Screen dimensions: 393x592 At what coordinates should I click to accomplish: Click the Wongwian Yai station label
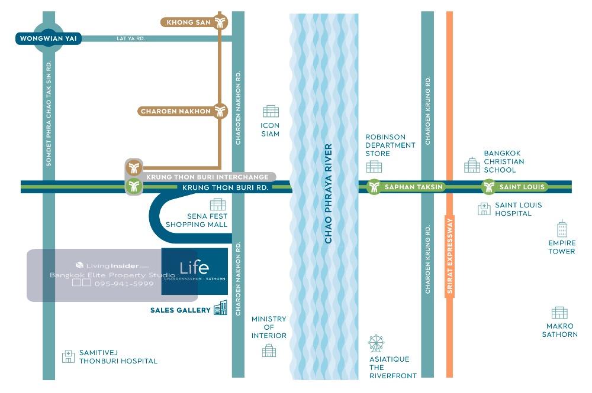point(48,39)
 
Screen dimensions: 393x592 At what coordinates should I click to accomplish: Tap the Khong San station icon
point(221,22)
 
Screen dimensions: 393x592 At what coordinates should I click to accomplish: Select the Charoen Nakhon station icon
point(221,111)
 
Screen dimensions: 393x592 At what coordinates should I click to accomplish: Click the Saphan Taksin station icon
point(374,187)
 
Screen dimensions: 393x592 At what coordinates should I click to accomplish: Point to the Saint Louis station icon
point(488,187)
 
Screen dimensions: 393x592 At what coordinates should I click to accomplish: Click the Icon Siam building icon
point(271,111)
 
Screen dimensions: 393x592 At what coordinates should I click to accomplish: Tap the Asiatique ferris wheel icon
point(376,343)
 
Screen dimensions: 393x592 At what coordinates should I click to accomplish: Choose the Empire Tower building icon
point(562,229)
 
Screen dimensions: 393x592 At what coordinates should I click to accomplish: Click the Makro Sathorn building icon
point(559,313)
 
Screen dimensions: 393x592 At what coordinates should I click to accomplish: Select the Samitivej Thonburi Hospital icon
point(69,356)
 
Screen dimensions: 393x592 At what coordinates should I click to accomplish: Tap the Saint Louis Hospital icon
point(484,209)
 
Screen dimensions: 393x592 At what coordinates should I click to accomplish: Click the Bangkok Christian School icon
point(472,165)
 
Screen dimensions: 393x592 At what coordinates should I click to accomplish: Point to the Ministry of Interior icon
point(269,350)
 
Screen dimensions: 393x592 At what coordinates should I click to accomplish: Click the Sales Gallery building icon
point(220,308)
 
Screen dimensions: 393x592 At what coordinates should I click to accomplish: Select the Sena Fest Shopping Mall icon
point(218,204)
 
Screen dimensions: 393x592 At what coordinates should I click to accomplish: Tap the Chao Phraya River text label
point(329,193)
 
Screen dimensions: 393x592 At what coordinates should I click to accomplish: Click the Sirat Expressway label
point(449,256)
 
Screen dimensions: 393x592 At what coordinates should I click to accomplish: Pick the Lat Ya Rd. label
point(131,39)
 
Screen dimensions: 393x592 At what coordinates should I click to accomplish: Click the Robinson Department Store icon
point(374,167)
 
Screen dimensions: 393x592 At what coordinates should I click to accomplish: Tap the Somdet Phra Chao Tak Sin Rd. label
point(49,113)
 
